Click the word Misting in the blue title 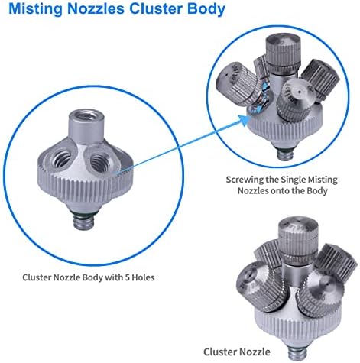click(x=36, y=9)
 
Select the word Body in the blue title click(x=206, y=9)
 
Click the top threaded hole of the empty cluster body click(x=86, y=116)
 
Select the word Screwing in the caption click(x=244, y=180)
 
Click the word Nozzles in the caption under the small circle click(x=252, y=190)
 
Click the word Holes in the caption click(x=144, y=277)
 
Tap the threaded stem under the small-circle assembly click(x=285, y=154)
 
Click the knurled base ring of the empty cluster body click(x=85, y=183)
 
